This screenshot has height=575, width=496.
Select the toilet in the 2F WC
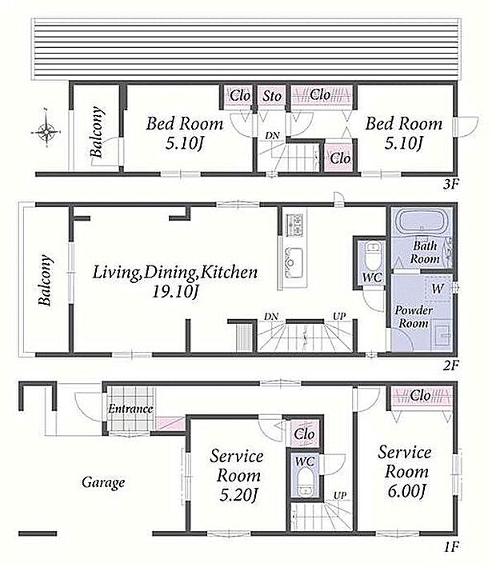[x=372, y=254]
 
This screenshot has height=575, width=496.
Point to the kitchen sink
[x=293, y=262]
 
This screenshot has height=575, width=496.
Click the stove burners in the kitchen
[x=295, y=225]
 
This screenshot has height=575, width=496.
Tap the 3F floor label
[x=450, y=183]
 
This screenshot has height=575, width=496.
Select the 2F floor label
[x=450, y=365]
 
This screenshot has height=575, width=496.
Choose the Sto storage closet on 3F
[x=272, y=97]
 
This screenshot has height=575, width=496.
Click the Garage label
[x=103, y=482]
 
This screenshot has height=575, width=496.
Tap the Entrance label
[x=130, y=409]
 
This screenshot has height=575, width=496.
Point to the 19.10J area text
[x=175, y=292]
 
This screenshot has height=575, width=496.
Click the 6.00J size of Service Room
[x=406, y=491]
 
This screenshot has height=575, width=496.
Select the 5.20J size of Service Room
[x=238, y=495]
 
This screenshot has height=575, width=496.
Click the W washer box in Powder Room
[x=438, y=289]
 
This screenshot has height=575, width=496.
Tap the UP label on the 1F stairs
[x=340, y=495]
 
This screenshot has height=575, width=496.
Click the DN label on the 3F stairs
[x=272, y=136]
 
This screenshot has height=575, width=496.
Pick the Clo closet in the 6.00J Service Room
[x=421, y=396]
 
